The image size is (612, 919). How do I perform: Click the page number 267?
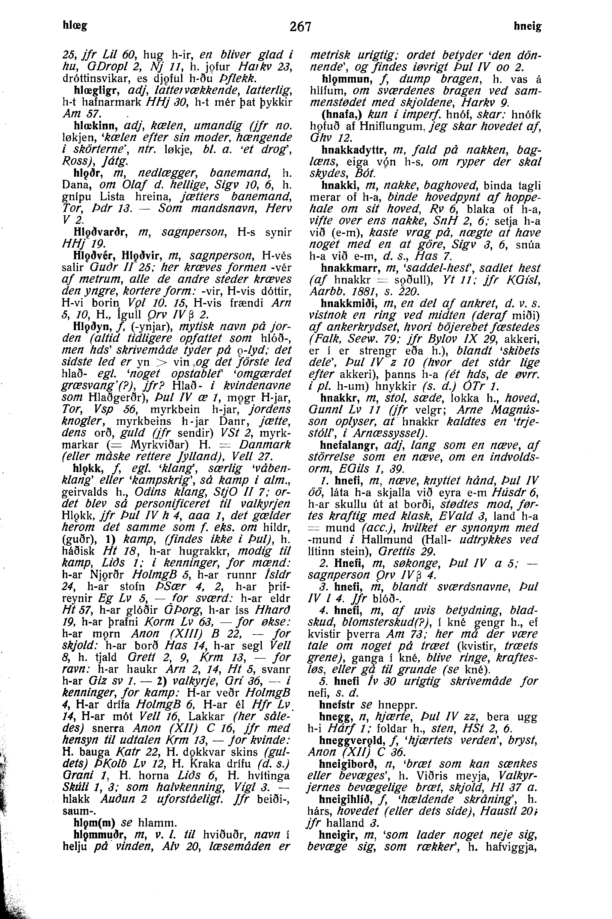[301, 27]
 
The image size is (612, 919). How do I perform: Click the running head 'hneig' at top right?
[528, 27]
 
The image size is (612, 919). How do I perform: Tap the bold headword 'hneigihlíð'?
[350, 799]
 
